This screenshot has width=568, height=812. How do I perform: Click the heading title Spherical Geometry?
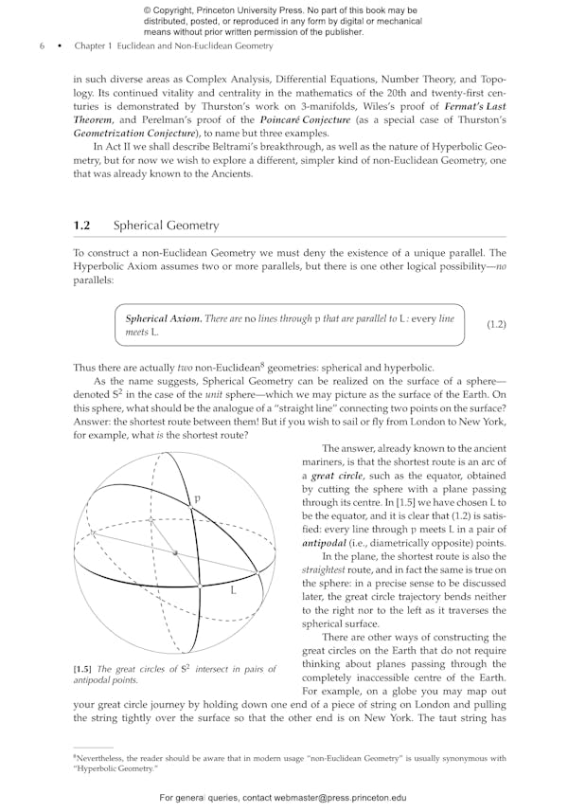click(166, 226)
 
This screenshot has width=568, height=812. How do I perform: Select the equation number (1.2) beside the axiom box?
click(496, 325)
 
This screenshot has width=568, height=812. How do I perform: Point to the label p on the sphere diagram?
click(197, 498)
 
